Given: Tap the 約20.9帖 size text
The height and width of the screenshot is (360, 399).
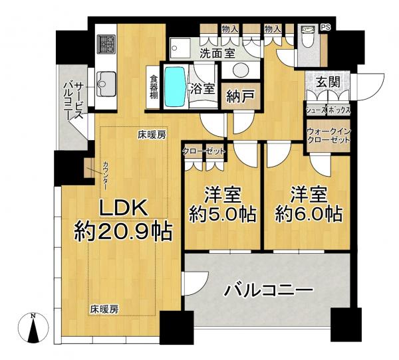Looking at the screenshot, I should tap(123, 232).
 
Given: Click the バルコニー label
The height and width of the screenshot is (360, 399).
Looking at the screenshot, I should tap(269, 291).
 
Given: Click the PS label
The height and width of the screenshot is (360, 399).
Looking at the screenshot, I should tap(325, 28).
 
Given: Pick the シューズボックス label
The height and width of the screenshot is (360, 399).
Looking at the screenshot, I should tap(328, 109).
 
